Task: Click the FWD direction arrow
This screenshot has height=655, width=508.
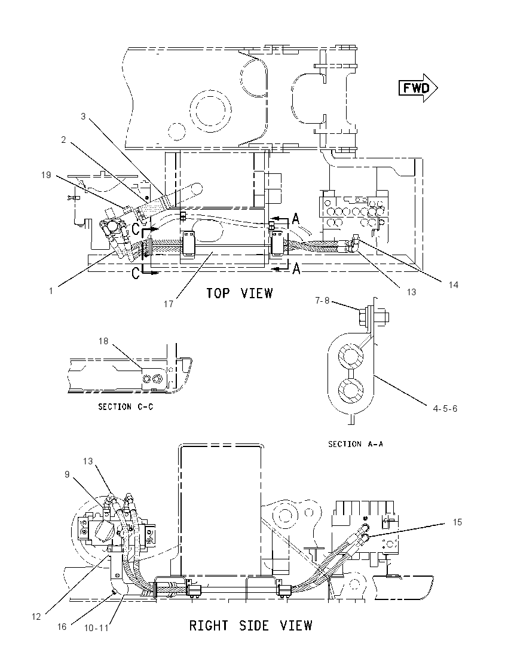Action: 418,88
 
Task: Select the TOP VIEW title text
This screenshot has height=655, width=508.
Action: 240,293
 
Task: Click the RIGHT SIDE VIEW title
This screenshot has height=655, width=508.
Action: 250,625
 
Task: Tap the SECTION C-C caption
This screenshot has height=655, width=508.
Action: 126,406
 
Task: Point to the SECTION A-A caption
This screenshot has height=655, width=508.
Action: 356,444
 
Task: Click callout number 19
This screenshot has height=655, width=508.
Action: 46,175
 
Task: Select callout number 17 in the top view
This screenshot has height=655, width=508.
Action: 169,304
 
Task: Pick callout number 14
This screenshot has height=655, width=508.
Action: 453,285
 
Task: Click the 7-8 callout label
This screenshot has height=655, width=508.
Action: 322,301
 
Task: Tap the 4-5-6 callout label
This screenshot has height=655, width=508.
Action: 445,409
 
